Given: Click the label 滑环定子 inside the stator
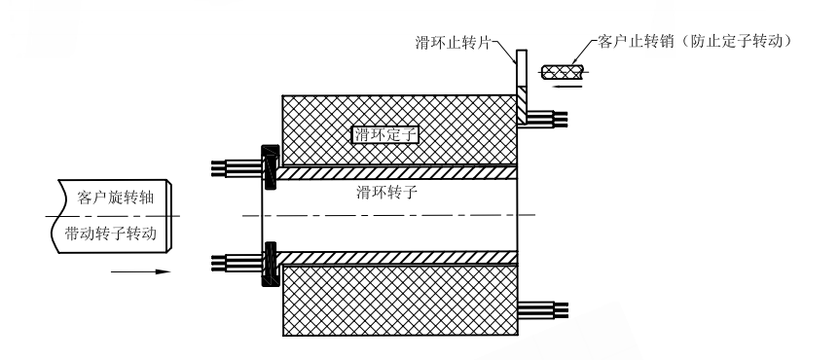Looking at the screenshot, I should (383, 135).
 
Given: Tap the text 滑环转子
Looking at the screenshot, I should (387, 194).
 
